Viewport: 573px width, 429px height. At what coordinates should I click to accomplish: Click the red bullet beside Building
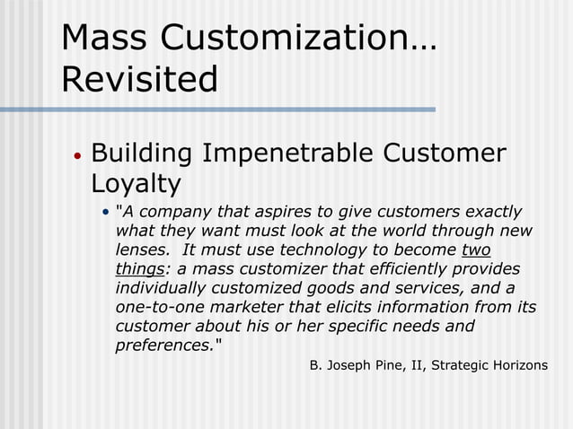click(x=77, y=155)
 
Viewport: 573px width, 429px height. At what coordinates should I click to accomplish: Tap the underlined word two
click(x=475, y=250)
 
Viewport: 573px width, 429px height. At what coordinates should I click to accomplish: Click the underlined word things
click(x=139, y=268)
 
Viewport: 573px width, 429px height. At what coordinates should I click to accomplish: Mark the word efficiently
click(x=383, y=268)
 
